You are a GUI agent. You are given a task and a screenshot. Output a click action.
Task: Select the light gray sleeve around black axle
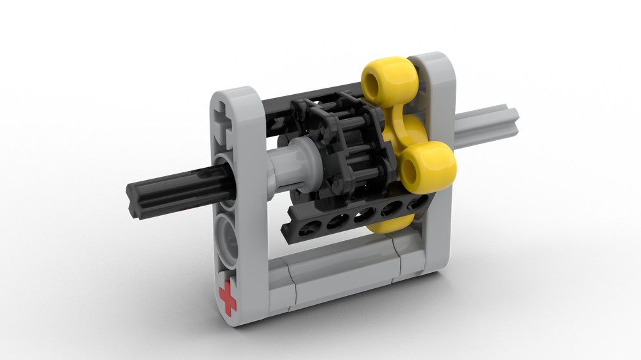[287, 169]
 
